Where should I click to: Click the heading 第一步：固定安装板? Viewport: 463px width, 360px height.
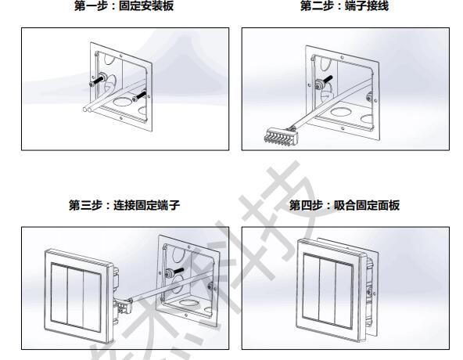coord(125,6)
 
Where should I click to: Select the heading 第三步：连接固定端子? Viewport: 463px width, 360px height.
coord(125,206)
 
